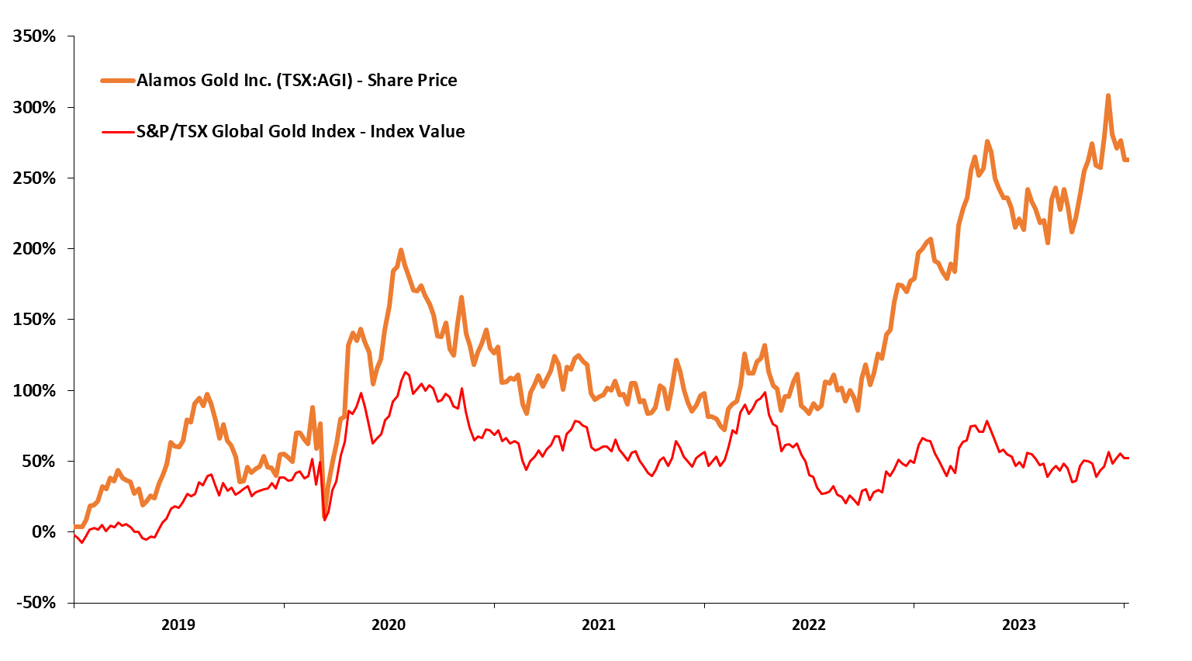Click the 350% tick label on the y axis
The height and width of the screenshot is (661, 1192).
click(33, 36)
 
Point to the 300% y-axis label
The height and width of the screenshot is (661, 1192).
click(33, 108)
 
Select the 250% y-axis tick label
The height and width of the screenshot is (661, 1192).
click(33, 178)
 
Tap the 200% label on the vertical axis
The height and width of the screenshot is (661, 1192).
click(33, 249)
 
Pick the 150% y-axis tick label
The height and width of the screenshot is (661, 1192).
click(33, 320)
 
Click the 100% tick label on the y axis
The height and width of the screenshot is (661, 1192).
click(33, 391)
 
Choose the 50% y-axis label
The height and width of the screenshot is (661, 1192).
click(37, 462)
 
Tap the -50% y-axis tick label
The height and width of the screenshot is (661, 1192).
click(35, 603)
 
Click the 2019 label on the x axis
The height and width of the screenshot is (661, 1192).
click(178, 625)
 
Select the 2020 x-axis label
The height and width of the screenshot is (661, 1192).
click(389, 625)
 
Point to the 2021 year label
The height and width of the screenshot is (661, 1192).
click(599, 625)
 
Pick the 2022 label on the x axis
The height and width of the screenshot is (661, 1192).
click(809, 625)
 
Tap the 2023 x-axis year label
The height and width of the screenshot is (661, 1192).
click(1019, 625)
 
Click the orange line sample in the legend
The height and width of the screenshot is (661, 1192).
click(118, 80)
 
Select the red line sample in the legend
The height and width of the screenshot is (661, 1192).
click(118, 131)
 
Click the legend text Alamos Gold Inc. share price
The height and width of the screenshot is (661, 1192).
click(297, 80)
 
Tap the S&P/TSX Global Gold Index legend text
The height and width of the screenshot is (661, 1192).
click(301, 131)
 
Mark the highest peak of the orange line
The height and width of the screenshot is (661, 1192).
click(1108, 95)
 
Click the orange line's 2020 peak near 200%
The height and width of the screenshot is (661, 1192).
click(401, 251)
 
